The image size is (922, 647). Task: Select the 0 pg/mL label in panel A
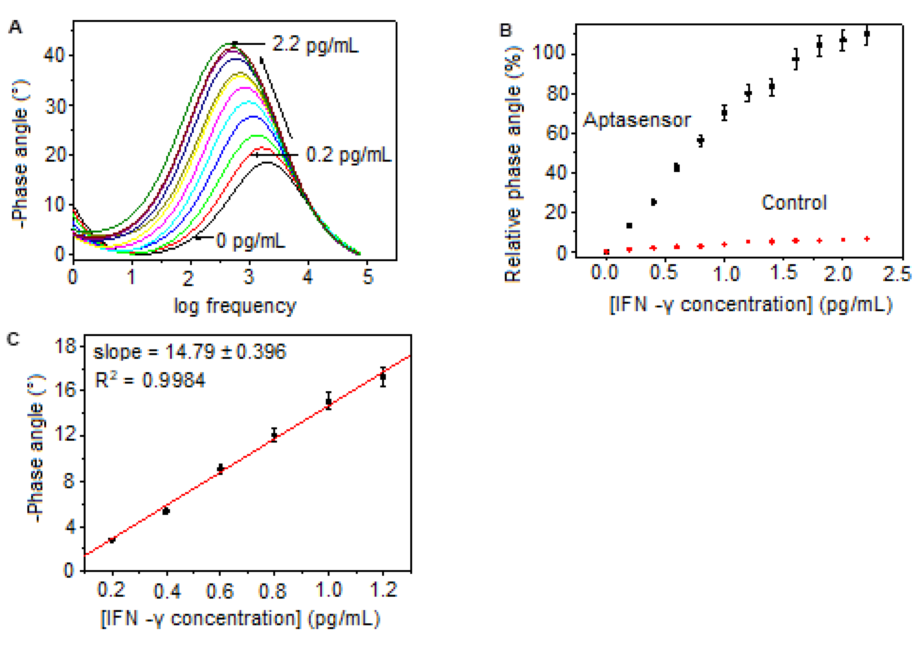pyautogui.click(x=250, y=241)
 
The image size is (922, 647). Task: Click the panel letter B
pyautogui.click(x=505, y=31)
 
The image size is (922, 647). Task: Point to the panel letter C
pyautogui.click(x=13, y=339)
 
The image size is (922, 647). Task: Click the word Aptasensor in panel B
pyautogui.click(x=637, y=120)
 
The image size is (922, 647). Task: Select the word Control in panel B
pyautogui.click(x=794, y=203)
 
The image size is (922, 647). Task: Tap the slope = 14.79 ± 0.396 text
pyautogui.click(x=190, y=352)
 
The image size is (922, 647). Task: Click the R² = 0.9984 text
pyautogui.click(x=150, y=380)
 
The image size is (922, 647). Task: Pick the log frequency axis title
pyautogui.click(x=235, y=306)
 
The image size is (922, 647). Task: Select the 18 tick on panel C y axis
pyautogui.click(x=66, y=346)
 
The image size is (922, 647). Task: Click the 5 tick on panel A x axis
pyautogui.click(x=368, y=277)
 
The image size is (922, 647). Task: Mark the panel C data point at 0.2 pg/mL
pyautogui.click(x=112, y=540)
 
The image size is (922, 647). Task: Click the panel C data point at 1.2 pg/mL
pyautogui.click(x=383, y=377)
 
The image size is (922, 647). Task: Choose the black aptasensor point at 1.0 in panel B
pyautogui.click(x=724, y=113)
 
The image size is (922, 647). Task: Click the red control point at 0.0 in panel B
pyautogui.click(x=606, y=252)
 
